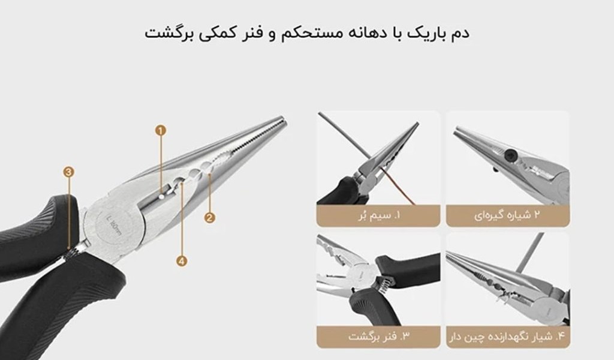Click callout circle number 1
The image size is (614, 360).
tap(161, 130)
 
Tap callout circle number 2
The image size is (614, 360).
tap(210, 218)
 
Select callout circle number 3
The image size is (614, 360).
tap(69, 172)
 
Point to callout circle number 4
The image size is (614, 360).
tap(181, 261)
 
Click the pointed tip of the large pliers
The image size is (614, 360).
tap(284, 119)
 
